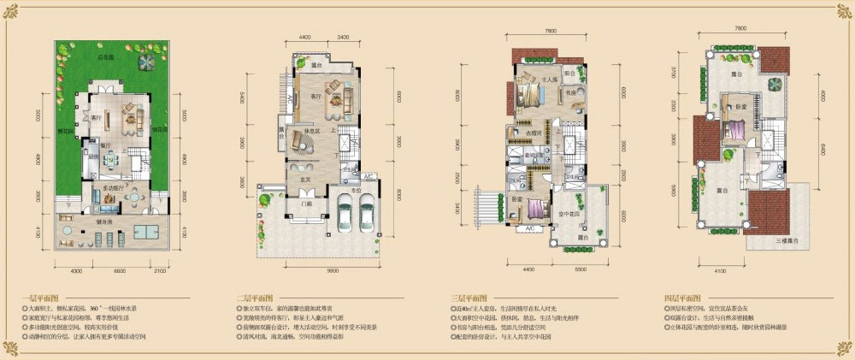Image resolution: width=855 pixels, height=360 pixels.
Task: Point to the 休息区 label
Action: point(300,131)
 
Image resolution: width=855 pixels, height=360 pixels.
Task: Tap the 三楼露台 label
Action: point(784,242)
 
